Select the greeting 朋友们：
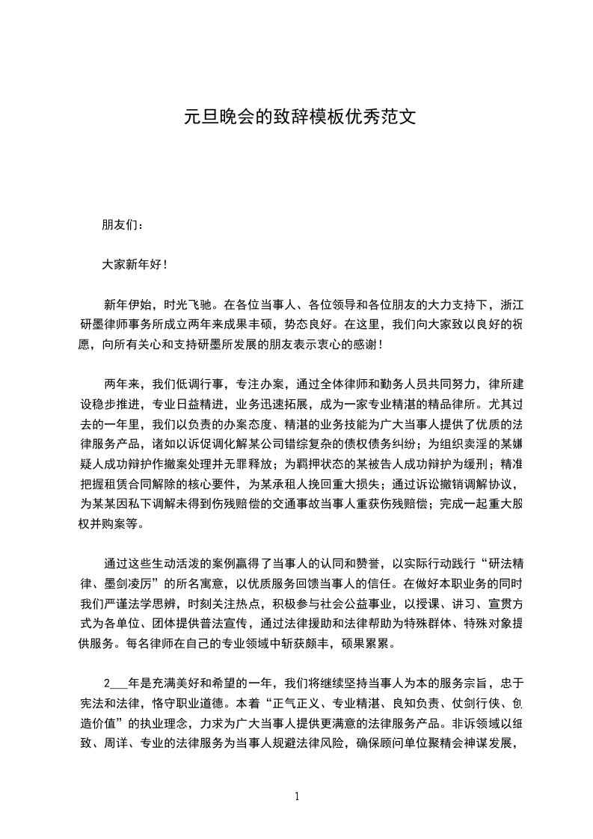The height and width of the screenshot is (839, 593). pos(124,225)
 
